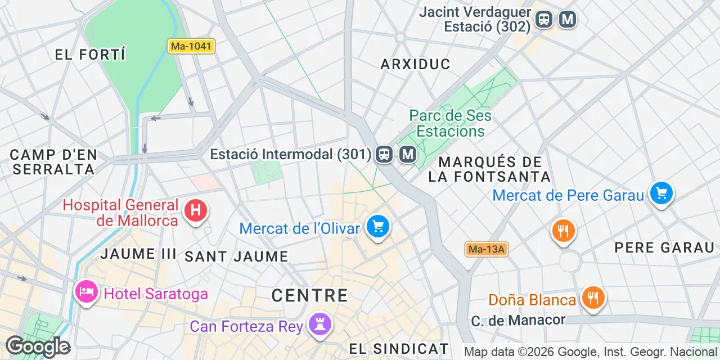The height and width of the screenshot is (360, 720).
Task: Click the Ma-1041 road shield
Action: (191, 46)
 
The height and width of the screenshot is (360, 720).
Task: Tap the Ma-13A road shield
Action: (487, 249)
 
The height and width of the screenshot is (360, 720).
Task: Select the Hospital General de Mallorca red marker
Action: (196, 211)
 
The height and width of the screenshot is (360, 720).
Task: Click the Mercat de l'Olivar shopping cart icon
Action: (378, 227)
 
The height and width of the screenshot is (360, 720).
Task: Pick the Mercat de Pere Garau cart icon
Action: (661, 194)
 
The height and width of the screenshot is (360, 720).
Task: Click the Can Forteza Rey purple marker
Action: (321, 325)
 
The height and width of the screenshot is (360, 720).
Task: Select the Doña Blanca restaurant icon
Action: (592, 297)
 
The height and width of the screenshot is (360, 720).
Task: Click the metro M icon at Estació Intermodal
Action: (408, 154)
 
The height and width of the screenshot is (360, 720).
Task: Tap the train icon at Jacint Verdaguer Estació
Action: (544, 20)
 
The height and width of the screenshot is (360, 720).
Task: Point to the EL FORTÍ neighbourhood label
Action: (90, 55)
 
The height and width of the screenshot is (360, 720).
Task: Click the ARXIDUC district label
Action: (416, 64)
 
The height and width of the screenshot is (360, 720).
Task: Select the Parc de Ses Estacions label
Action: (450, 123)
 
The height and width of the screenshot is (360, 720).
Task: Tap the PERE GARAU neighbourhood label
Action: (664, 247)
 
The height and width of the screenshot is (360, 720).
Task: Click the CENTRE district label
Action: (309, 295)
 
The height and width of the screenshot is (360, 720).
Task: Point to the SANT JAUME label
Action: (236, 256)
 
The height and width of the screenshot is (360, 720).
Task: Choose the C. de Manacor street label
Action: (518, 320)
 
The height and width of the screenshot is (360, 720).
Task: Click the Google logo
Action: (37, 346)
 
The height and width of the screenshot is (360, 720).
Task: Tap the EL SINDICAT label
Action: (399, 349)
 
